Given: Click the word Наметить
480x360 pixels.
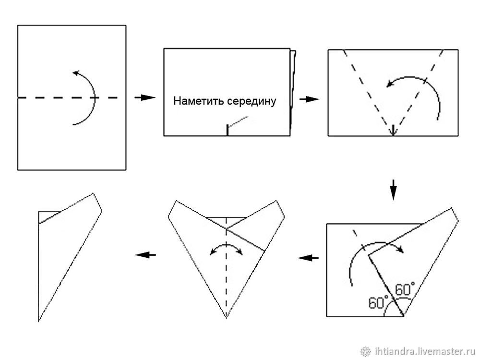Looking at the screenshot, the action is coord(198,101).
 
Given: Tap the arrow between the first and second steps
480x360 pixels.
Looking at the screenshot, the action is coord(145,97).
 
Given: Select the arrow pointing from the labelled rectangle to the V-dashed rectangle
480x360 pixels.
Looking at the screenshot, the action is coord(309,99).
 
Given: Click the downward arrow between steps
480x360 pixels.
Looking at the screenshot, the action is coord(394,190).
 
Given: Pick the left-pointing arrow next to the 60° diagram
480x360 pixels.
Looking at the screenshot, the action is coord(308,258).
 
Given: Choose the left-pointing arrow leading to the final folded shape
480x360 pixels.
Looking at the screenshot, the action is coord(146,255).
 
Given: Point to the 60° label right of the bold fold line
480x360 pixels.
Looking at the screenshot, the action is coord(405,289).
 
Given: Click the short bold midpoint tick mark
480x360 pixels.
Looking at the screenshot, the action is coord(228,130).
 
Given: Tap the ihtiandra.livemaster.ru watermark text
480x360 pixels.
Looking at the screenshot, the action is coord(424,351).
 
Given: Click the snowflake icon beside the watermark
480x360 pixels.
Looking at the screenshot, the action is coord(365,351).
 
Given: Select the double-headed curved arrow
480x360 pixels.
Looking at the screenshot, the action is coord(226,246).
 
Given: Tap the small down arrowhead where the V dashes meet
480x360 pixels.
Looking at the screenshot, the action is coord(393,132).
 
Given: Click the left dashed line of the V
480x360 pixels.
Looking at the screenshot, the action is coord(368,93).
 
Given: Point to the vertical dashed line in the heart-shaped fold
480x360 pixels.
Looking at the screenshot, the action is coord(226,267).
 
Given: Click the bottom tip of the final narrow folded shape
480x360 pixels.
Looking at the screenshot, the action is coord(38,321).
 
